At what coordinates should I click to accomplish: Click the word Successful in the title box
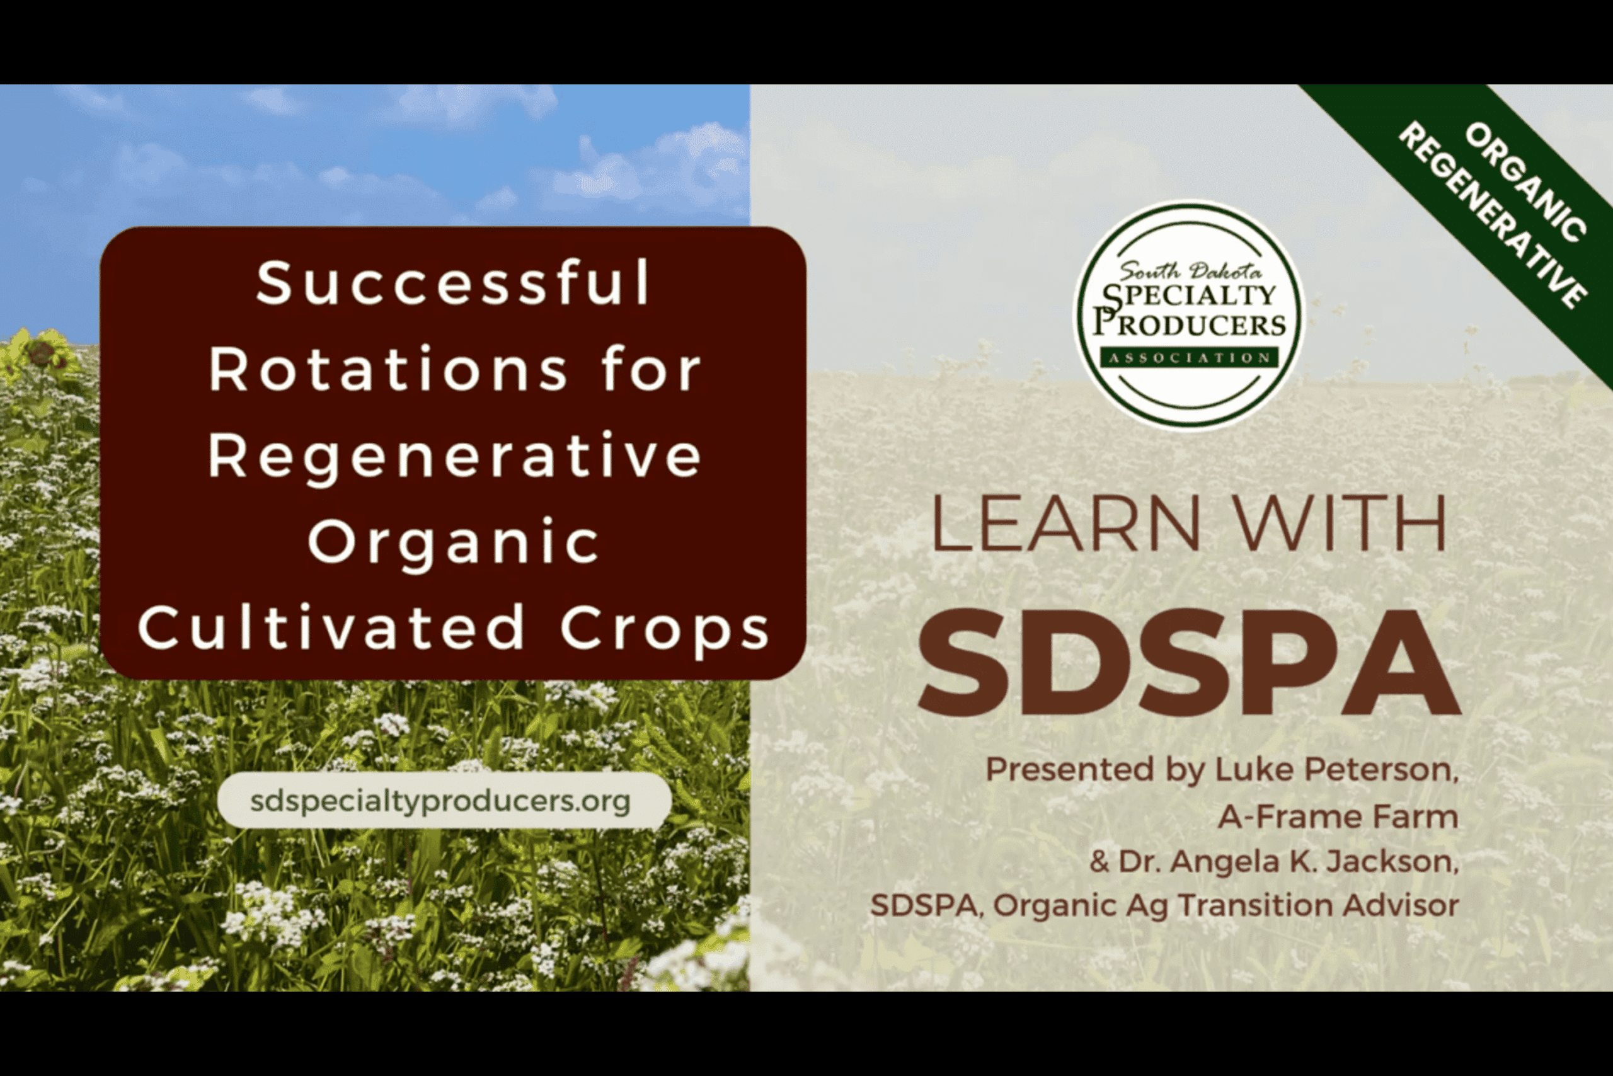tap(453, 282)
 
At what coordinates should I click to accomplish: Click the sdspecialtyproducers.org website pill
tap(444, 801)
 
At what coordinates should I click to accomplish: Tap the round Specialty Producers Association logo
tap(1189, 314)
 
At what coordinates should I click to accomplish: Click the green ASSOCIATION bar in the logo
tap(1190, 357)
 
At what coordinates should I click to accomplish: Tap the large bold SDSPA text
tap(1190, 662)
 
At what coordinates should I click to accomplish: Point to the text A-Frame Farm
tap(1338, 816)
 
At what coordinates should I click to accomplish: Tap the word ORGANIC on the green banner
tap(1526, 183)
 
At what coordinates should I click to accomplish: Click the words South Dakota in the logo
tap(1190, 271)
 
